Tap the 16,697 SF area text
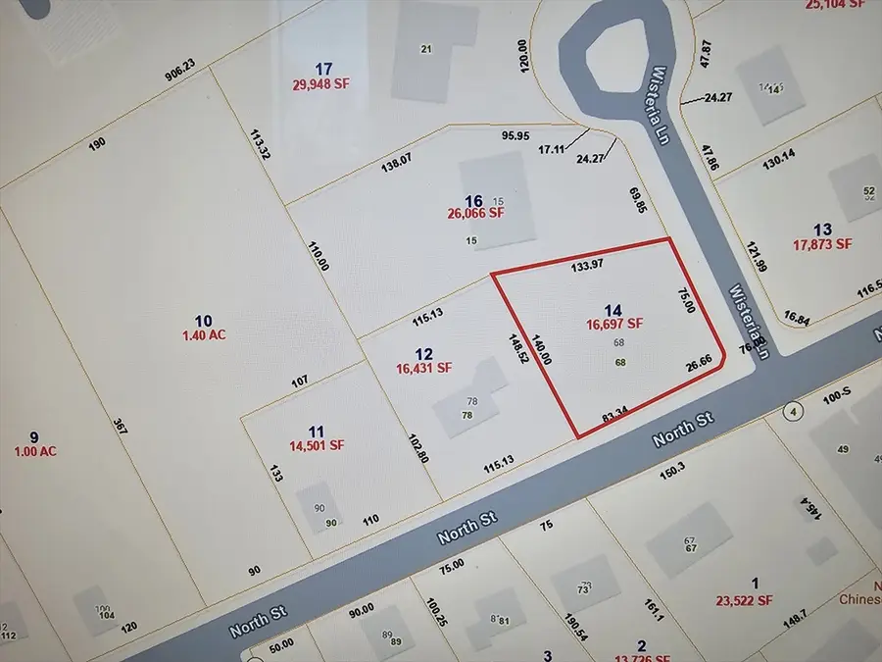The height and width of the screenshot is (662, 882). (614, 323)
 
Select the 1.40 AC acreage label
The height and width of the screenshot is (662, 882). (203, 334)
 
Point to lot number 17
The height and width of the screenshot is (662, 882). (324, 68)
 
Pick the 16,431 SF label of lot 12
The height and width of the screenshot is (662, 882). (423, 369)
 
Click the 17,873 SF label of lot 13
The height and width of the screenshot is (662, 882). (822, 244)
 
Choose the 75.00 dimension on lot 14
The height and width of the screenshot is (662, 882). (687, 300)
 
